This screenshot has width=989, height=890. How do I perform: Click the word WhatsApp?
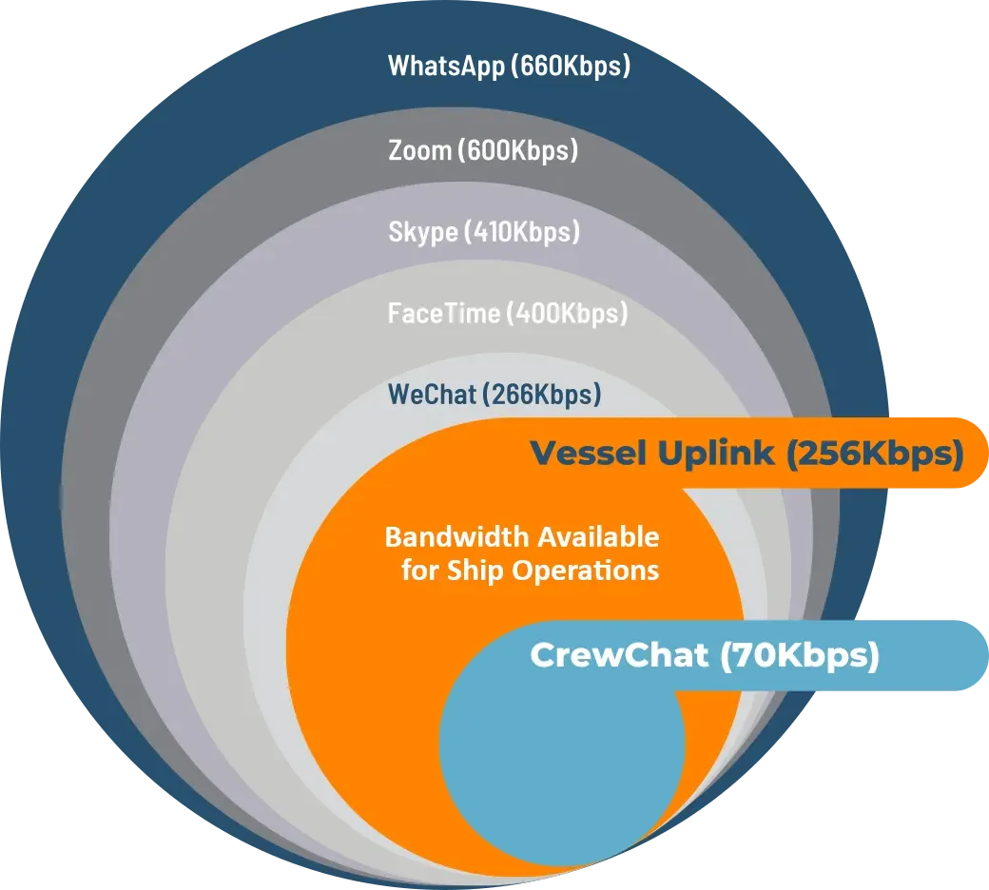tap(446, 67)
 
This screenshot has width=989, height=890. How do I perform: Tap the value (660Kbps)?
tap(571, 67)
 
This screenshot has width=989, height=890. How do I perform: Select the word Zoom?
tap(420, 150)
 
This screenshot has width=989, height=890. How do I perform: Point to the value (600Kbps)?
tap(518, 151)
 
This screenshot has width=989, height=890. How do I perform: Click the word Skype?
tap(422, 232)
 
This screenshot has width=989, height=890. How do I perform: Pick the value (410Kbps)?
tap(522, 232)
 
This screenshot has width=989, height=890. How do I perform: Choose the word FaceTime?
tap(444, 313)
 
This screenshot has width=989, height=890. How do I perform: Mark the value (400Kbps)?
tap(568, 314)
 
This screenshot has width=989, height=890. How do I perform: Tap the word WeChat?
tap(432, 395)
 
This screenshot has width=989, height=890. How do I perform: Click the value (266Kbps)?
tap(542, 395)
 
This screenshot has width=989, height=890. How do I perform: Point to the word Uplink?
tap(715, 453)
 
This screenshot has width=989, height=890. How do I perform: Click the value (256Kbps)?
tap(875, 454)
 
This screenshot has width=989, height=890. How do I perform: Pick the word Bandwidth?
tap(456, 537)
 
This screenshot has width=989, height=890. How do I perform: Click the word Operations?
tap(586, 571)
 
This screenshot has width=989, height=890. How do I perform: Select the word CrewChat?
tap(619, 655)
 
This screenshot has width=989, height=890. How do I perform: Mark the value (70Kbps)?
tap(799, 656)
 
